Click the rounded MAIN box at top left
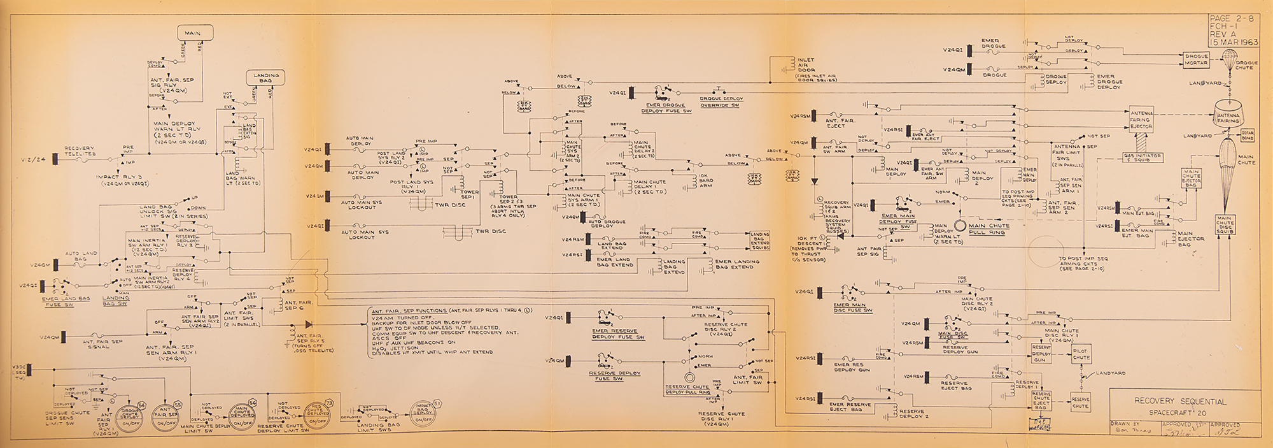click(192, 33)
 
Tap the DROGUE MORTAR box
click(1196, 60)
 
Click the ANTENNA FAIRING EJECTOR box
click(1140, 119)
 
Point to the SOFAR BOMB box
click(1248, 134)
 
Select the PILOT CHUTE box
click(1081, 354)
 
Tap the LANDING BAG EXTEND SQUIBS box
click(761, 241)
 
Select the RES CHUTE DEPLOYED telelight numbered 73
click(318, 414)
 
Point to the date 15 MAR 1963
click(1234, 43)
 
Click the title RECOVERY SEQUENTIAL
click(1179, 401)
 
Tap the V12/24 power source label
click(32, 158)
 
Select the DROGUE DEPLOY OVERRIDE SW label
click(721, 101)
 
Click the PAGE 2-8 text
click(1232, 19)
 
